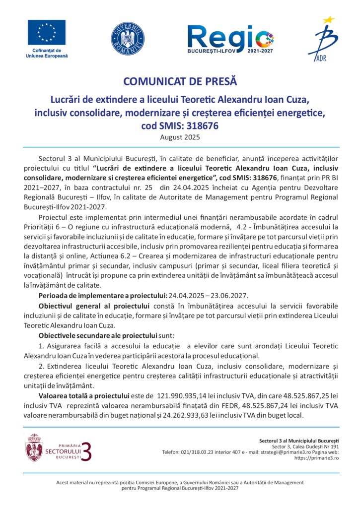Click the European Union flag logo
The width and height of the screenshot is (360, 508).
pos(46,32)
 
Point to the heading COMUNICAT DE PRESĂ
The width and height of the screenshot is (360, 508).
pos(180,81)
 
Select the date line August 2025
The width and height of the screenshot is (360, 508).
pos(180,137)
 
